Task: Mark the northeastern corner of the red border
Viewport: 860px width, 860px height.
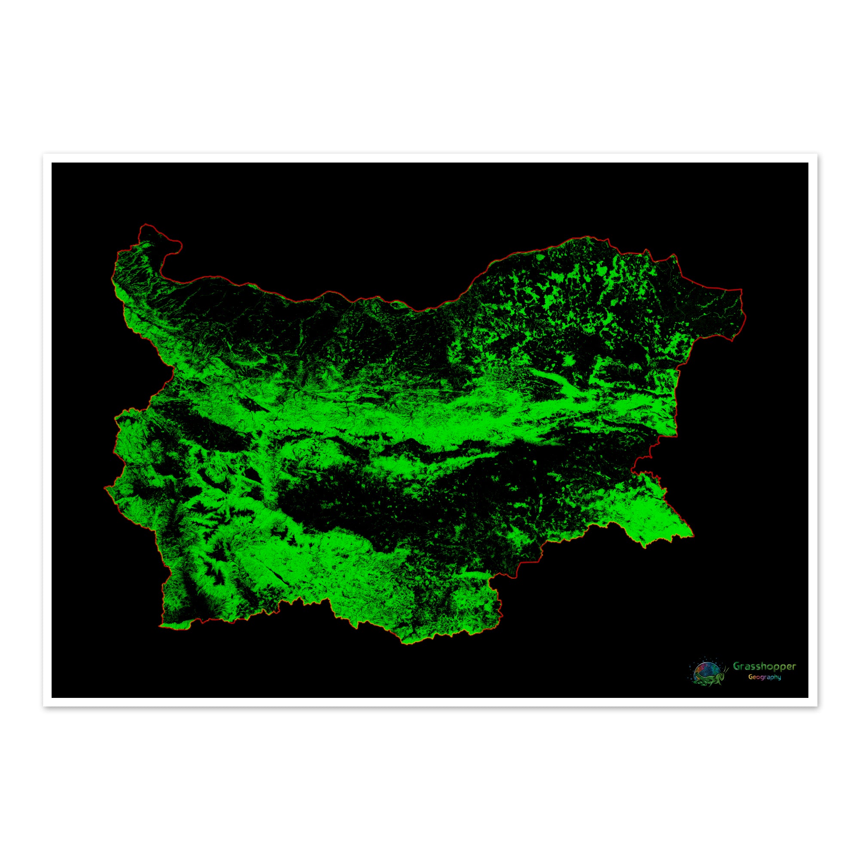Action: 742,290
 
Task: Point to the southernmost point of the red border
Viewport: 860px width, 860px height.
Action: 406,644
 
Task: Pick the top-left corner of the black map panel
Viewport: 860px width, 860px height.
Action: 52,163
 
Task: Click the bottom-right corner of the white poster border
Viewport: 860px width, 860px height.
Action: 817,706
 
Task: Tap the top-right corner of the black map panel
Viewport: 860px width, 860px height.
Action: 808,163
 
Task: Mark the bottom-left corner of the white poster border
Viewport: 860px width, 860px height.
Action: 43,706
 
